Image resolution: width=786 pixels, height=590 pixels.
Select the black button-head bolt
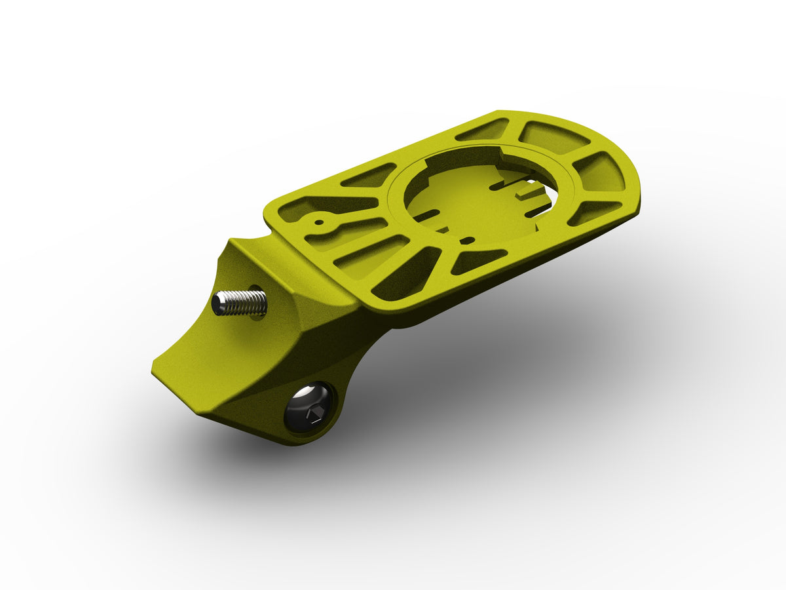308,408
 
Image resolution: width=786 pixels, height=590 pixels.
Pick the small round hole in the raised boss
319,222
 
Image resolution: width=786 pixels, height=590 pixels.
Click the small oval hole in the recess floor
468,237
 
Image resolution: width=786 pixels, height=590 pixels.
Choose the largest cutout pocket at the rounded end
554,138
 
